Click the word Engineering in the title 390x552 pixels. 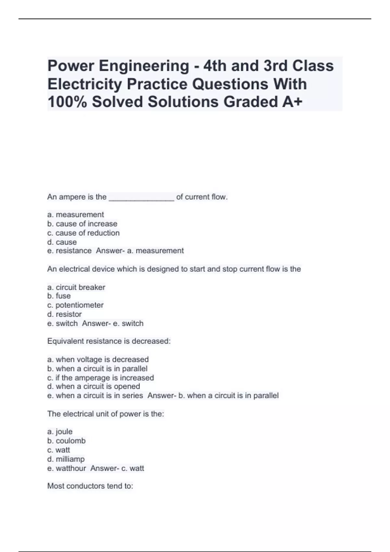[x=144, y=66]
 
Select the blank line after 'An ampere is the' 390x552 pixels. [x=141, y=197]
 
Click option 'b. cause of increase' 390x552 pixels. [x=82, y=224]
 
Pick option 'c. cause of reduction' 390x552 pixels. [x=83, y=233]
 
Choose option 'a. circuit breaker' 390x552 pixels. [x=76, y=287]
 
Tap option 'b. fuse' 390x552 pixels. [x=59, y=296]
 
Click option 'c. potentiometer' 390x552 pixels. [x=75, y=305]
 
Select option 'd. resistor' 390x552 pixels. [x=64, y=314]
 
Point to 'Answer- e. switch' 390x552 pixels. [x=113, y=323]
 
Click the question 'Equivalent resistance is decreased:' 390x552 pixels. [x=109, y=341]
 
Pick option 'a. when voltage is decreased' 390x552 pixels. [x=98, y=359]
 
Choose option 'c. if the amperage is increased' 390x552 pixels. [x=100, y=378]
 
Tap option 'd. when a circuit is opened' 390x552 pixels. [x=94, y=386]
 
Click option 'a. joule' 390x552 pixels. [x=60, y=432]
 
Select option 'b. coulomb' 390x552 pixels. [x=66, y=441]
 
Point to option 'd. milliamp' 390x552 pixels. [x=66, y=459]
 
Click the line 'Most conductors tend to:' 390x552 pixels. [x=90, y=486]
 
